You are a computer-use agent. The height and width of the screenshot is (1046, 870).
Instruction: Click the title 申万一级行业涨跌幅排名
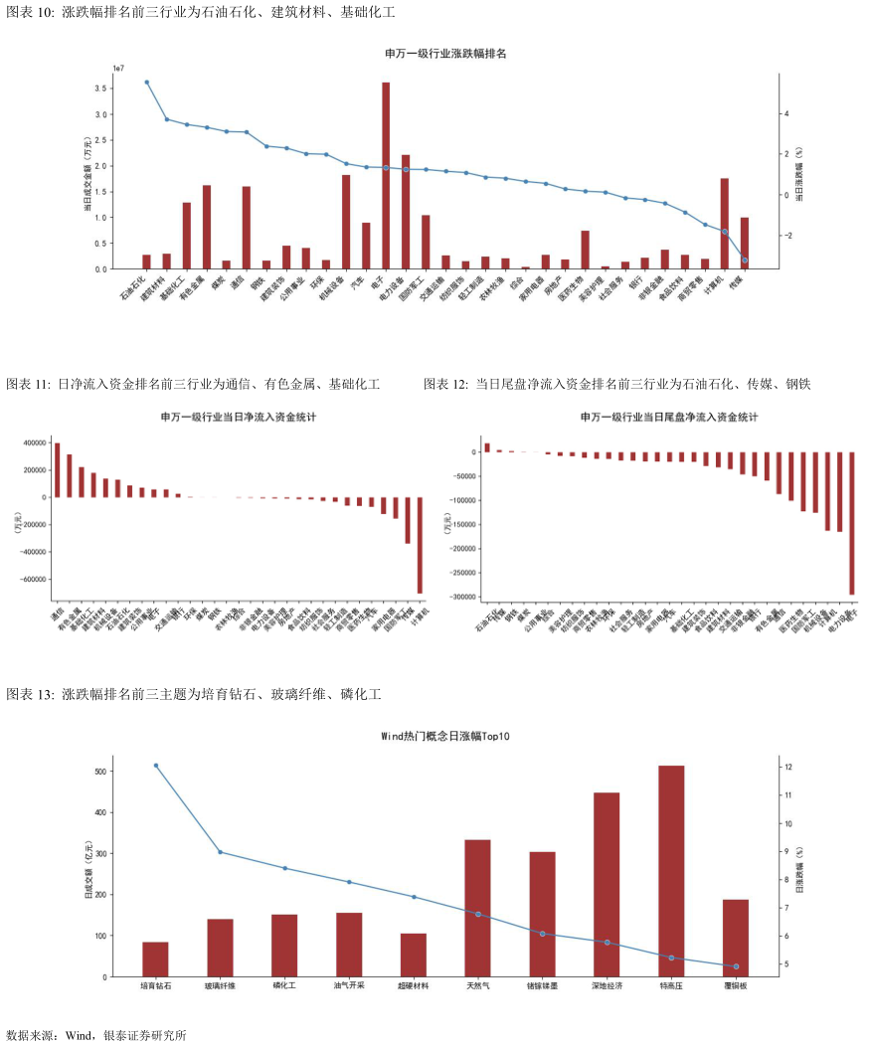pyautogui.click(x=445, y=53)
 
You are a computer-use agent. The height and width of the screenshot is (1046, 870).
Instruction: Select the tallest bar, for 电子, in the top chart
pyautogui.click(x=386, y=176)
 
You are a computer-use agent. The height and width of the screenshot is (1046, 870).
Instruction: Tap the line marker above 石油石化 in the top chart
pyautogui.click(x=146, y=83)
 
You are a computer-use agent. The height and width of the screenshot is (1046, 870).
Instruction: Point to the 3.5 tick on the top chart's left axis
pyautogui.click(x=100, y=88)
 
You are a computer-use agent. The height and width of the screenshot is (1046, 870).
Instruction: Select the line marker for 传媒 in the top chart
pyautogui.click(x=745, y=261)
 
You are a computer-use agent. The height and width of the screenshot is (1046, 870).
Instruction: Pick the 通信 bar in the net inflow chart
pyautogui.click(x=57, y=470)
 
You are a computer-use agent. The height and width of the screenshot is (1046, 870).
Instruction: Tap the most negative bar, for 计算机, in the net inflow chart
pyautogui.click(x=420, y=545)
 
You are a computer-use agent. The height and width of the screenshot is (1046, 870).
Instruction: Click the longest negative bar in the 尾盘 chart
pyautogui.click(x=852, y=523)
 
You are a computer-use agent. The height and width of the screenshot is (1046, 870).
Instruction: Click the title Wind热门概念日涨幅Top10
pyautogui.click(x=445, y=737)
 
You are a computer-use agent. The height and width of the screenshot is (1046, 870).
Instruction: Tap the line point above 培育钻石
pyautogui.click(x=155, y=766)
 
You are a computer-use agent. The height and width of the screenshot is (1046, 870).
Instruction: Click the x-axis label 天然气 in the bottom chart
pyautogui.click(x=477, y=987)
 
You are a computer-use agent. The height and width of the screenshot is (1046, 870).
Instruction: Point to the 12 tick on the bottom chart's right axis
pyautogui.click(x=788, y=768)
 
